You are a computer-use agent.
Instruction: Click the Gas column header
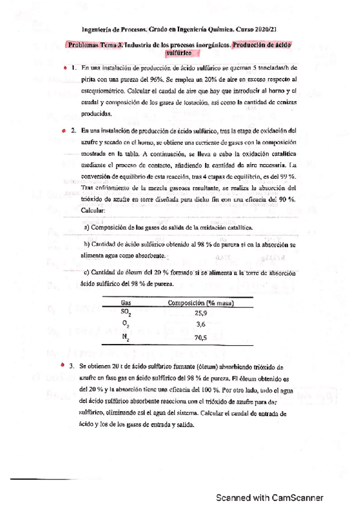pyautogui.click(x=126, y=303)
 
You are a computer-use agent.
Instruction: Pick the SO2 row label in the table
pyautogui.click(x=125, y=313)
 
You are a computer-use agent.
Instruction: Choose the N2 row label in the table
pyautogui.click(x=125, y=337)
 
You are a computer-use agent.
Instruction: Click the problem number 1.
pyautogui.click(x=73, y=69)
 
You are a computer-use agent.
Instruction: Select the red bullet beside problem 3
pyautogui.click(x=63, y=366)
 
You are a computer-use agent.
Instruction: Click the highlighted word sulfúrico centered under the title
pyautogui.click(x=182, y=52)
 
